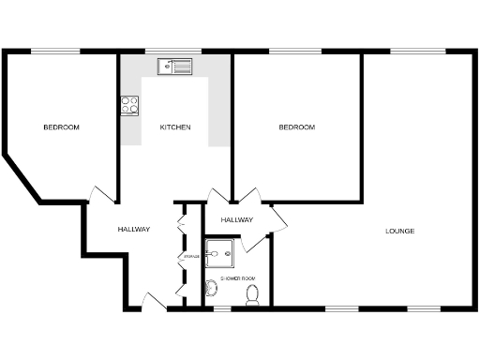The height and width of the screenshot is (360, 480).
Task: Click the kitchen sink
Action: pyautogui.click(x=175, y=65)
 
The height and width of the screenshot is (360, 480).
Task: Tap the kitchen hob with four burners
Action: pyautogui.click(x=129, y=105)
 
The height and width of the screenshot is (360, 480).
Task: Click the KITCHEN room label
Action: pyautogui.click(x=175, y=127)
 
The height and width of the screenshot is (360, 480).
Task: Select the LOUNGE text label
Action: pyautogui.click(x=400, y=231)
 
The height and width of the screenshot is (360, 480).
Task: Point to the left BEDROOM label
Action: pyautogui.click(x=61, y=127)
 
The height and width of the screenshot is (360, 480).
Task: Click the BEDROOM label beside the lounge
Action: pyautogui.click(x=296, y=127)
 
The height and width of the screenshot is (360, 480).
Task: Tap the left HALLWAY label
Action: pyautogui.click(x=133, y=230)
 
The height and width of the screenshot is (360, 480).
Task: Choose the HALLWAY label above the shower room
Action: pyautogui.click(x=237, y=219)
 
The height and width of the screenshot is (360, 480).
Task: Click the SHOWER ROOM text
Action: pyautogui.click(x=237, y=278)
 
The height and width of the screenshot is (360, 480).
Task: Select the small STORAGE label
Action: pyautogui.click(x=191, y=256)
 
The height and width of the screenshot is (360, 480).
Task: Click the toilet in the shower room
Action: pyautogui.click(x=251, y=295)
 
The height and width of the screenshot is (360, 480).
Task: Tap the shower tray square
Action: pyautogui.click(x=222, y=250)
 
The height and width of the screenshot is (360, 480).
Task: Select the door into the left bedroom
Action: pyautogui.click(x=101, y=194)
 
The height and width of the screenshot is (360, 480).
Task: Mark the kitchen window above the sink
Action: pyautogui.click(x=175, y=52)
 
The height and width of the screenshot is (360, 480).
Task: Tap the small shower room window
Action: pyautogui.click(x=222, y=307)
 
